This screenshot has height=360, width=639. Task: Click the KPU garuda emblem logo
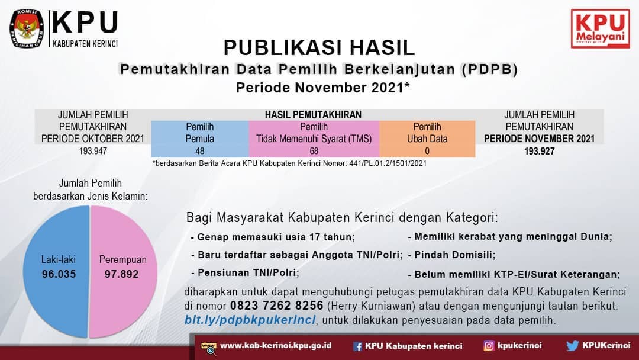click(27, 28)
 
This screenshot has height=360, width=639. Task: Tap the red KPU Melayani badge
click(601, 28)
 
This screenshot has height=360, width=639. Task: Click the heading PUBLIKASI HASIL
click(319, 48)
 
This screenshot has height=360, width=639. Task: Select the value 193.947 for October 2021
click(93, 151)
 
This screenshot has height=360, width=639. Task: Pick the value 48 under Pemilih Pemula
click(200, 151)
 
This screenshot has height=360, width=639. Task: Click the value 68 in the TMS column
click(314, 151)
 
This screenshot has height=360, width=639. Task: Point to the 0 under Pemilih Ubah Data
click(427, 151)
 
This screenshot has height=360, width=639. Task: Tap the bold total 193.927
click(539, 151)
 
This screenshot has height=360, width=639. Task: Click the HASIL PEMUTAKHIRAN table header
click(313, 115)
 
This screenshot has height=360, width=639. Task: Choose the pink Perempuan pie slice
click(123, 271)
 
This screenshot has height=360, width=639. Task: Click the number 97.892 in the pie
click(121, 274)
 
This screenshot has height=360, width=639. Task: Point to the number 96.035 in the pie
click(59, 274)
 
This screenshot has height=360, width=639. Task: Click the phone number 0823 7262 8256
click(277, 306)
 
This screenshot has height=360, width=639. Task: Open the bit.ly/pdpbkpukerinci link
click(250, 320)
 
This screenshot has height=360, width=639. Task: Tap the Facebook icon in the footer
click(357, 346)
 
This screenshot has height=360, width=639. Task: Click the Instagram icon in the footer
click(489, 346)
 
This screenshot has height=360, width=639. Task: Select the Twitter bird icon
click(573, 346)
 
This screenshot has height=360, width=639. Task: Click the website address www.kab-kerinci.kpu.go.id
click(276, 346)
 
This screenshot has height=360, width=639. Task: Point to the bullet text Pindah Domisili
click(455, 255)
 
